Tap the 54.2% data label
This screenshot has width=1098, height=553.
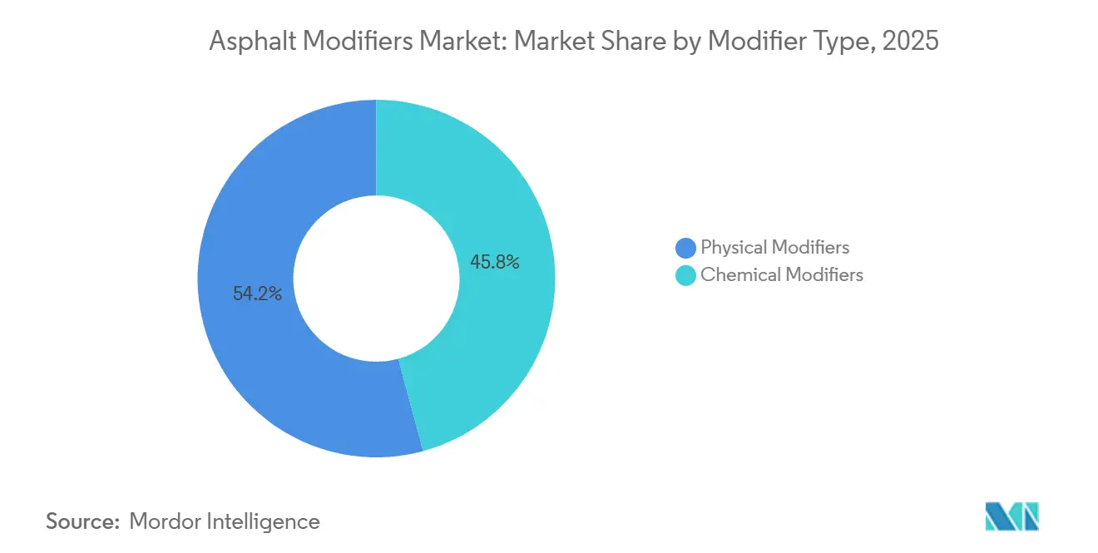pos(257,294)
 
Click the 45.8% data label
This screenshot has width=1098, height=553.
pos(495,263)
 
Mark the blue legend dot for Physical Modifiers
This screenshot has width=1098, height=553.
pos(685,248)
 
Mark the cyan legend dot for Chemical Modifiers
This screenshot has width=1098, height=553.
pos(685,275)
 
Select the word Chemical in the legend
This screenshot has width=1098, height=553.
pos(738,274)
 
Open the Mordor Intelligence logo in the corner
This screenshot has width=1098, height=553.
pos(1011,516)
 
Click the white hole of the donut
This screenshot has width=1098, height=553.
pos(376,279)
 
